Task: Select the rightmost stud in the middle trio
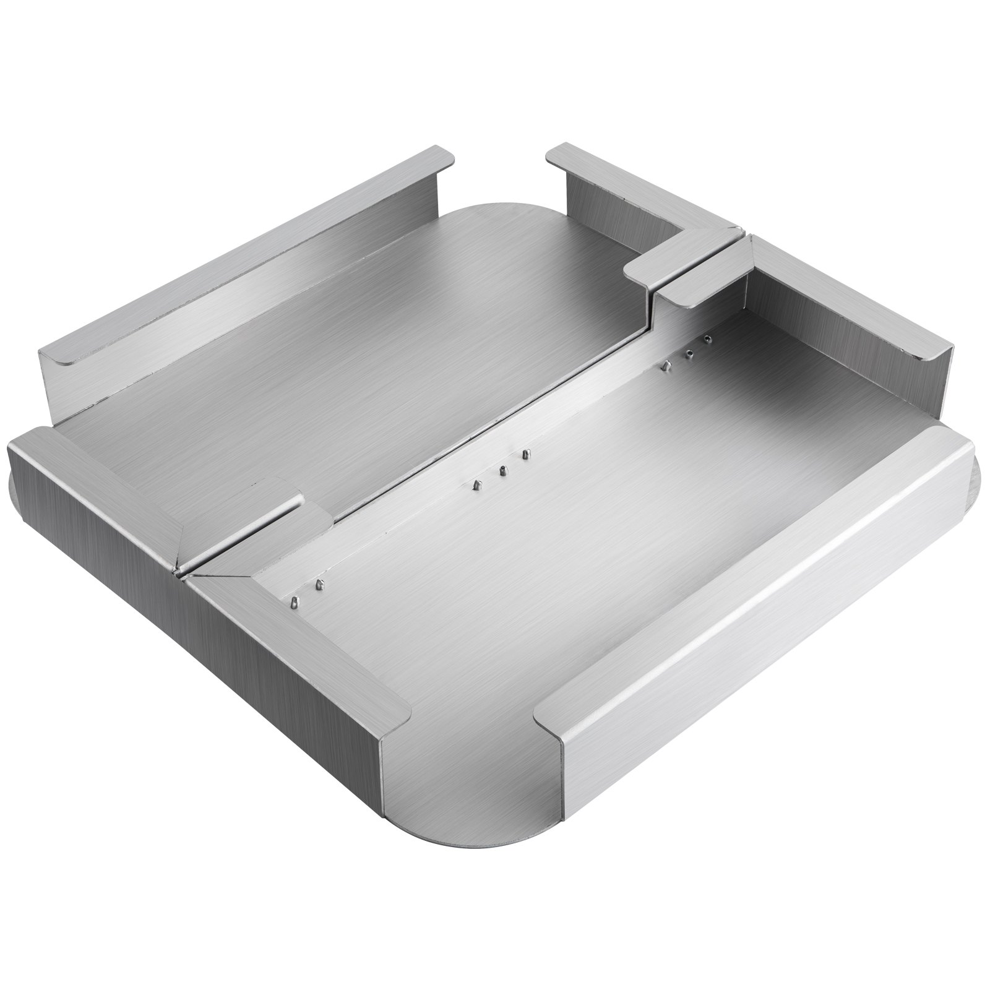(527, 455)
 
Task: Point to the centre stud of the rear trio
(688, 353)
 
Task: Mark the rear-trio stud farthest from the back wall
(665, 366)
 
